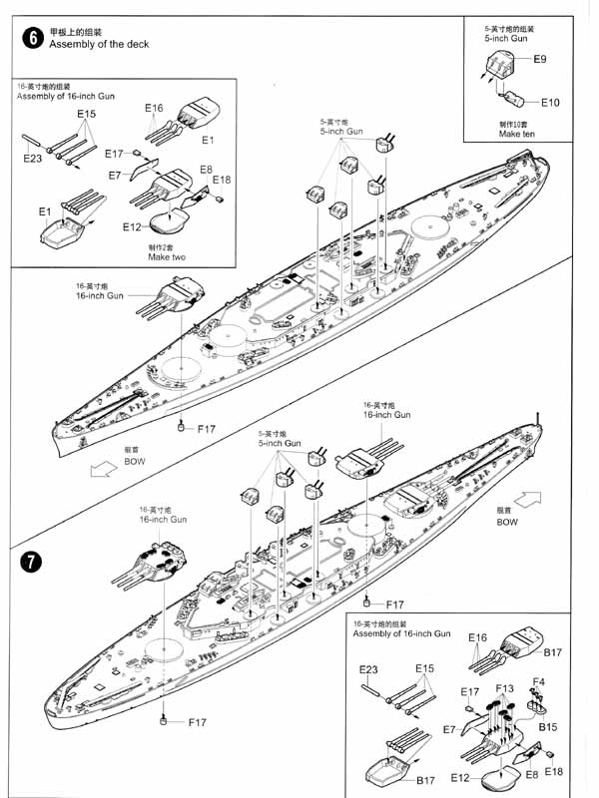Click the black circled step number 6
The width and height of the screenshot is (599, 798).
tap(33, 39)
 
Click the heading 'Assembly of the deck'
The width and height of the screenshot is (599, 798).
tap(98, 45)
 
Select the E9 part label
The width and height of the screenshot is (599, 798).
tap(539, 60)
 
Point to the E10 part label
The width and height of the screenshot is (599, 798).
tap(551, 103)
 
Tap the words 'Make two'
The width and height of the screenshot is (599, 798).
tap(166, 257)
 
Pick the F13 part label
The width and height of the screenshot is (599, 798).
tap(504, 689)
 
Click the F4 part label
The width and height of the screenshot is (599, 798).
tap(538, 682)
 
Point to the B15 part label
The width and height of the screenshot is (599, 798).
tap(548, 728)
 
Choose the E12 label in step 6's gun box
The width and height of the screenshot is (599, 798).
tap(132, 227)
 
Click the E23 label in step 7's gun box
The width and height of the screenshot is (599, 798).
tap(368, 668)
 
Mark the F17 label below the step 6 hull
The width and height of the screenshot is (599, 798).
tap(206, 429)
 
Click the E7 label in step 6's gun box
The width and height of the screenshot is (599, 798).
tap(115, 176)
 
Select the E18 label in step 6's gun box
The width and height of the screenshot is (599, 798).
tap(221, 180)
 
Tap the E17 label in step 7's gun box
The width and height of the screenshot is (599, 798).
tap(470, 691)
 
